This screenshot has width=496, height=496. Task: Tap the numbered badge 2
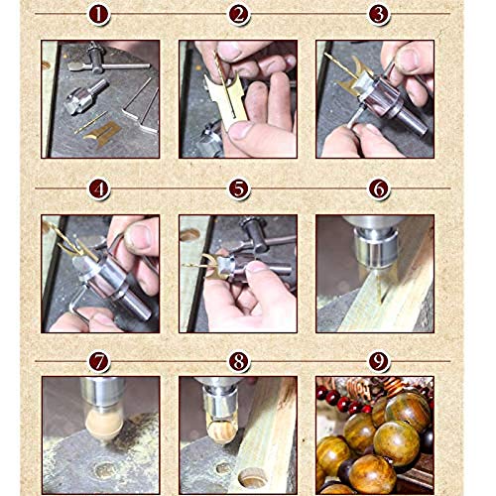click(x=237, y=15)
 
